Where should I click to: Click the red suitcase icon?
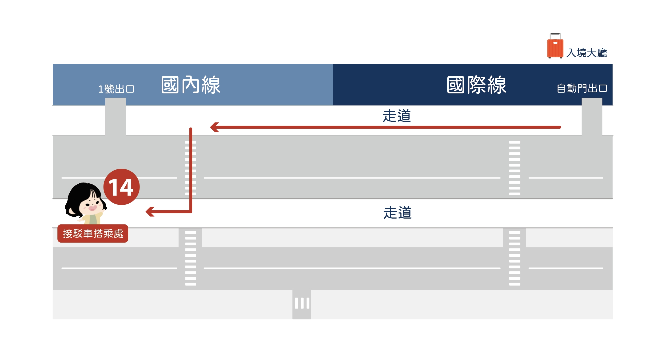tap(555, 47)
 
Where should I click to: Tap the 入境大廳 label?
tap(587, 53)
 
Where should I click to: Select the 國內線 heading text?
tap(191, 85)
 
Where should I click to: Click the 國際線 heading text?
tap(476, 85)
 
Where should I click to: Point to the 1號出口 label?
tap(116, 89)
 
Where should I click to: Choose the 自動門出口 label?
tap(582, 88)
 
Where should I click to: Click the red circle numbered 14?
tap(122, 187)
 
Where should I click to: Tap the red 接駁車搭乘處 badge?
tap(93, 234)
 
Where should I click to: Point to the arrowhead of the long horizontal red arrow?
tap(214, 127)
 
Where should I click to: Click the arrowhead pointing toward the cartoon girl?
tap(150, 212)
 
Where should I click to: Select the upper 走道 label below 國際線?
tap(397, 116)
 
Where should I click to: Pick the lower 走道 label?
tap(397, 213)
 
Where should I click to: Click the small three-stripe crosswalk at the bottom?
tap(302, 303)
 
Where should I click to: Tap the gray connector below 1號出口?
tap(116, 117)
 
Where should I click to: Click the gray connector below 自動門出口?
tap(592, 117)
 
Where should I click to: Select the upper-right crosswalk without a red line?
tap(515, 168)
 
